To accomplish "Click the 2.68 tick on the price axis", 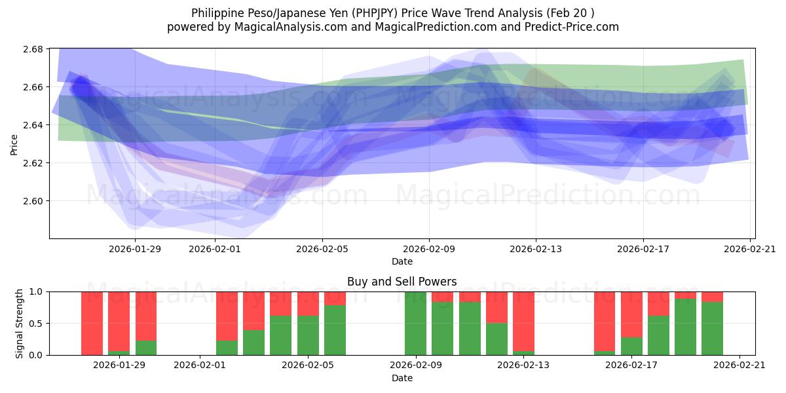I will (34, 49).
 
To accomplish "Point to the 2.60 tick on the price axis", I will (34, 201).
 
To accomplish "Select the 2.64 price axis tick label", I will (34, 125).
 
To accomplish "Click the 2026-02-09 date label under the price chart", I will (429, 249).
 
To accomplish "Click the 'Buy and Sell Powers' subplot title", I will (402, 282).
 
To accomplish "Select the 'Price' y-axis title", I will (14, 144).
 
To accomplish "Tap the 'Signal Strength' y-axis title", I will (20, 323).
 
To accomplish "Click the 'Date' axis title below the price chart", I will (402, 261).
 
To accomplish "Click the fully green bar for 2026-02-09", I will (415, 324).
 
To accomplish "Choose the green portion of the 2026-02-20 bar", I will (712, 328).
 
